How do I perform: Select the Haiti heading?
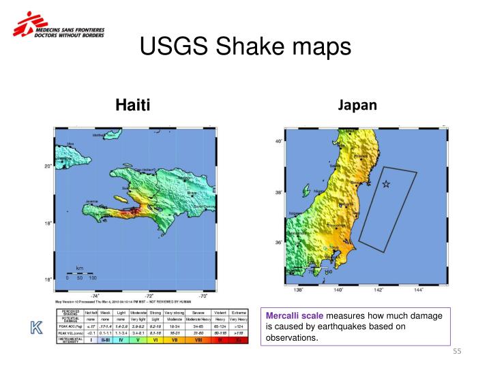point(132,104)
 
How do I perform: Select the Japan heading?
point(357,104)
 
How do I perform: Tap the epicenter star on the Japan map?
point(386,184)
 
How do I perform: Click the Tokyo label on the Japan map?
point(334,248)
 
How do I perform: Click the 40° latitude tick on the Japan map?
point(278,142)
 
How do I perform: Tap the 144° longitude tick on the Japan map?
point(418,290)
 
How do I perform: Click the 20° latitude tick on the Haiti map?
point(48,166)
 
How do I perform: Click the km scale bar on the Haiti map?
point(80,273)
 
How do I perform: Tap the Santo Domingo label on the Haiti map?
point(205,206)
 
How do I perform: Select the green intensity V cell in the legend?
point(138,339)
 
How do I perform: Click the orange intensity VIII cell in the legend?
point(198,339)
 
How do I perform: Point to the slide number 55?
point(458,352)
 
